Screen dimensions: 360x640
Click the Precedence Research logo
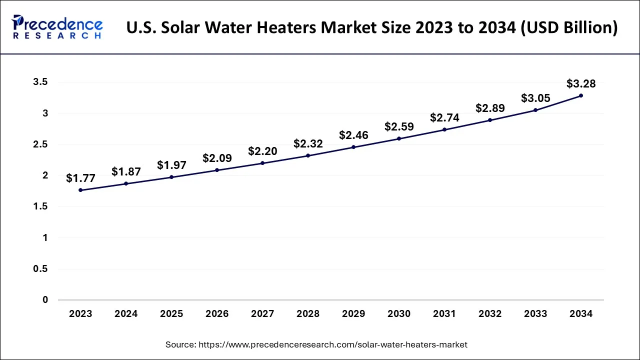pyautogui.click(x=57, y=27)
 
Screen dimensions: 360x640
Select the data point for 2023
pyautogui.click(x=80, y=190)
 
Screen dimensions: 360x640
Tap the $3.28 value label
pyautogui.click(x=581, y=83)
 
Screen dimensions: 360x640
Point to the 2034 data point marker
pyautogui.click(x=581, y=95)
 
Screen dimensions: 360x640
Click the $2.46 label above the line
pyautogui.click(x=353, y=135)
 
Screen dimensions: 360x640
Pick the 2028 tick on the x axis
pyautogui.click(x=308, y=314)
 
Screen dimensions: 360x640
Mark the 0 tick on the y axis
pyautogui.click(x=45, y=300)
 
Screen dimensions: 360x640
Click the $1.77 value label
pyautogui.click(x=80, y=178)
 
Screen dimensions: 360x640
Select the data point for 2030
pyautogui.click(x=399, y=138)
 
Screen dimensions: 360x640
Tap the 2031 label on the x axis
pyautogui.click(x=444, y=314)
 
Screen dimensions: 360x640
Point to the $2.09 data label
pyautogui.click(x=217, y=158)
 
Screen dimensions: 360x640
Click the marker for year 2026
pyautogui.click(x=217, y=170)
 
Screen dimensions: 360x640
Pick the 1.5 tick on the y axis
pyautogui.click(x=40, y=207)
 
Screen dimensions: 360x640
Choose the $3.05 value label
pyautogui.click(x=535, y=98)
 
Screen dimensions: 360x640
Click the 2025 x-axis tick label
pyautogui.click(x=171, y=314)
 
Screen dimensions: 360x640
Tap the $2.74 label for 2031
pyautogui.click(x=444, y=118)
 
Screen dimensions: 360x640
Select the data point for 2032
pyautogui.click(x=490, y=120)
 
